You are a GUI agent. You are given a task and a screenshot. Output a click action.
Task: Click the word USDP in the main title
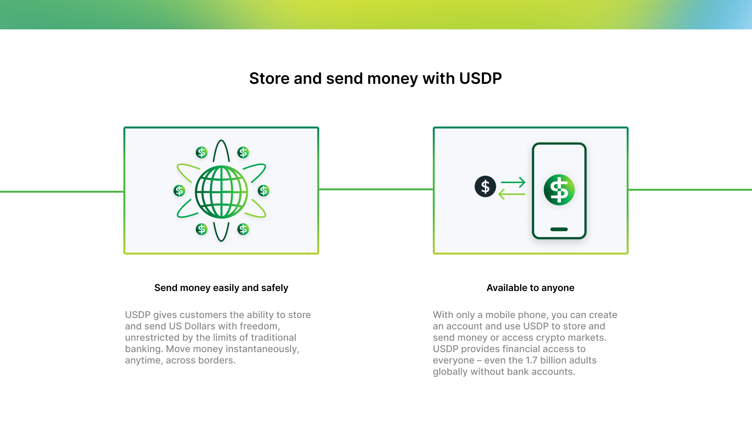click(x=480, y=78)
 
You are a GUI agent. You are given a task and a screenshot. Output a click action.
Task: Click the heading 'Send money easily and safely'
click(x=221, y=288)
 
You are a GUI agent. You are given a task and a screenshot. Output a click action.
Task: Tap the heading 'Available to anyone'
click(x=530, y=288)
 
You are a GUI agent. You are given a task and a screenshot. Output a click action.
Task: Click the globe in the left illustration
click(x=221, y=192)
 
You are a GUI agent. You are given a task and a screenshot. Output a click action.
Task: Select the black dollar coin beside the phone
click(x=485, y=186)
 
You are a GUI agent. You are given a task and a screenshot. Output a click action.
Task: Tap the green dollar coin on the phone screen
click(x=559, y=190)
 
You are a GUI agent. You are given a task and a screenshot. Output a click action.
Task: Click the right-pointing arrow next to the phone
click(x=513, y=182)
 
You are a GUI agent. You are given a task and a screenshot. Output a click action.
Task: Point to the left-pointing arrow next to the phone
click(x=512, y=194)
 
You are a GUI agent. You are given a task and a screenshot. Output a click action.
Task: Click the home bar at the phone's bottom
click(x=559, y=230)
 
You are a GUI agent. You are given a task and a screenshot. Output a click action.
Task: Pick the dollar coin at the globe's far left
click(x=179, y=191)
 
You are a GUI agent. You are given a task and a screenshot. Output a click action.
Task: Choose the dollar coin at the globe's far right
click(x=264, y=191)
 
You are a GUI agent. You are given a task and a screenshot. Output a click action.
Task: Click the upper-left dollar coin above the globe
click(x=202, y=152)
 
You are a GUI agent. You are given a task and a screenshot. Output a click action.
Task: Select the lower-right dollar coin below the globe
click(x=243, y=229)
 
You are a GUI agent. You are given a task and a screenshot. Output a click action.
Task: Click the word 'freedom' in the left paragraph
click(x=260, y=326)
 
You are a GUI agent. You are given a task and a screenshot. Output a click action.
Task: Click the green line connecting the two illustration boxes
click(x=376, y=189)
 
